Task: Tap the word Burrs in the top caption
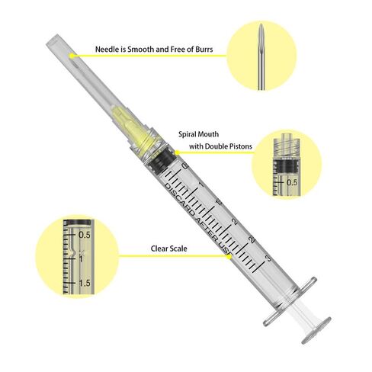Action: [x=204, y=50]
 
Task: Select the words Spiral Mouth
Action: [x=198, y=134]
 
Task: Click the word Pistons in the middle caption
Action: [x=241, y=146]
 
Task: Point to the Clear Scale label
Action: [x=169, y=249]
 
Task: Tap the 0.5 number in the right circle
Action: [x=292, y=182]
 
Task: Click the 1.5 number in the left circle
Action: [x=85, y=283]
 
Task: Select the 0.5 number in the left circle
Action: [x=85, y=235]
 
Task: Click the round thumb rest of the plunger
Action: [x=316, y=330]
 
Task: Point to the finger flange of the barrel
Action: [x=290, y=302]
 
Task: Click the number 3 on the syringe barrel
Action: [x=268, y=258]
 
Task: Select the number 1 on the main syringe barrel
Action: [x=201, y=184]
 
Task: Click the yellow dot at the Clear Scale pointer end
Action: [x=229, y=257]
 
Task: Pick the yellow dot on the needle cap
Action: [x=72, y=56]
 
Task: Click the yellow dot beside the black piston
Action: [x=178, y=152]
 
